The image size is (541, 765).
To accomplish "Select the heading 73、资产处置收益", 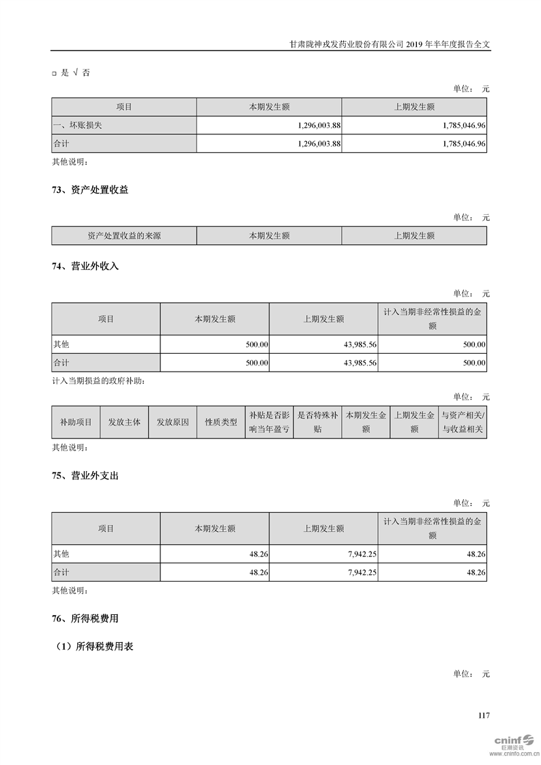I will [90, 190].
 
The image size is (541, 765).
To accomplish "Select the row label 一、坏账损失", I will [78, 126].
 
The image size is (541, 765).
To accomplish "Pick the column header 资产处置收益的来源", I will [124, 236].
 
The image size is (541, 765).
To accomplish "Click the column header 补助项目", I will [76, 422].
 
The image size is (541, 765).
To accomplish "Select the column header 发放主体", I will [124, 422].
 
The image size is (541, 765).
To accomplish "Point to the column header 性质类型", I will [221, 422].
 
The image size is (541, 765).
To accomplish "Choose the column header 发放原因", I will [173, 422].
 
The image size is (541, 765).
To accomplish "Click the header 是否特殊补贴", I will [317, 422].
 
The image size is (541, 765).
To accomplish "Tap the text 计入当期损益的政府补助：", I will [98, 381].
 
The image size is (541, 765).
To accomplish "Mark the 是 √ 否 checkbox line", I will [71, 73].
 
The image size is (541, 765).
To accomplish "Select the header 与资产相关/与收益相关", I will [463, 422].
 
